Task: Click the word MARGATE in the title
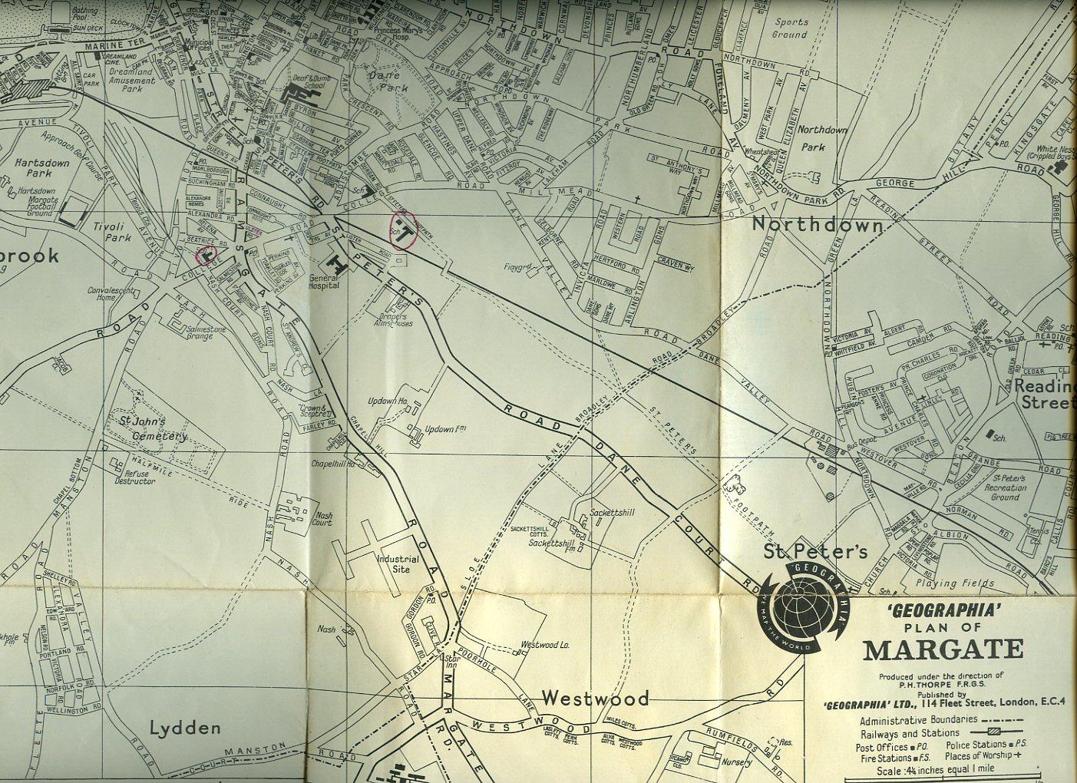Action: [x=943, y=649]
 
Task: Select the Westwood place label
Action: [x=595, y=698]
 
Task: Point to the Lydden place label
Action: [x=186, y=727]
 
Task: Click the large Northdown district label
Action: [x=818, y=224]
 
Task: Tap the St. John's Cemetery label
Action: [x=151, y=428]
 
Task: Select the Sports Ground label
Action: [x=790, y=28]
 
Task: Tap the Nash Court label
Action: [x=322, y=518]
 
